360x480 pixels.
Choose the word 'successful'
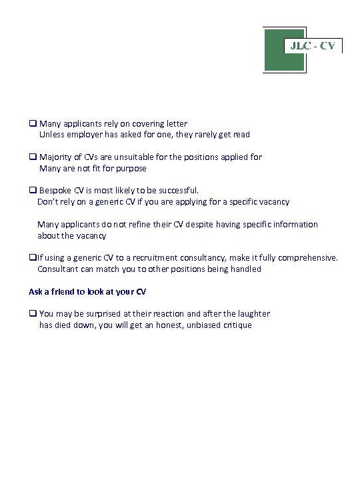tap(176, 190)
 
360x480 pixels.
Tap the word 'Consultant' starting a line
tap(59, 269)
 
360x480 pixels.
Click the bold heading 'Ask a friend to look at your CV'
tap(87, 291)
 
